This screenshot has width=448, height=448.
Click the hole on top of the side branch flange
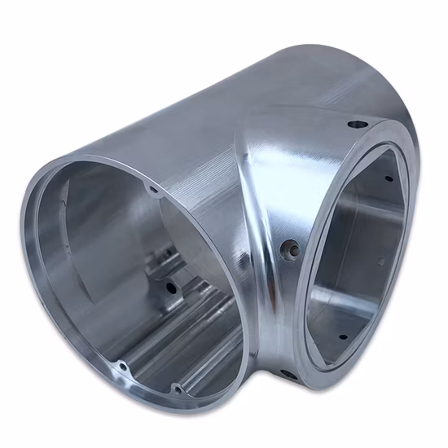point(356,125)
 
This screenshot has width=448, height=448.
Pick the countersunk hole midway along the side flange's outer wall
point(285,245)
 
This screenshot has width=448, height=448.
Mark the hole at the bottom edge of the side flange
point(288,375)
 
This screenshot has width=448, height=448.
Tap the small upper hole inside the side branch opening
point(389,178)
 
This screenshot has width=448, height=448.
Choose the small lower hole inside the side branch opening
point(341,336)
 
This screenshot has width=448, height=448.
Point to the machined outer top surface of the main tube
point(204,122)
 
